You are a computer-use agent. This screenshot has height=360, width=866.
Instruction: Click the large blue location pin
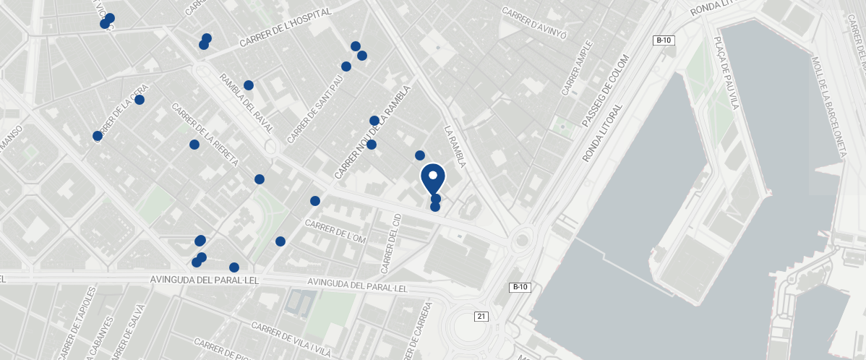433,178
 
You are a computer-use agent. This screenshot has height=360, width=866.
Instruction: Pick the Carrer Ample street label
577,68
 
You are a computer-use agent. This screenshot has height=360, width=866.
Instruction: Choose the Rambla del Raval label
247,103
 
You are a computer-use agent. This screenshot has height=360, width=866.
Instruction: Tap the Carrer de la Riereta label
205,135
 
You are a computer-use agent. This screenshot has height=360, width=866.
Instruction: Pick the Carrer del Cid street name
390,243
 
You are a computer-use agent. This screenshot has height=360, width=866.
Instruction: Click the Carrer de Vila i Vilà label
291,338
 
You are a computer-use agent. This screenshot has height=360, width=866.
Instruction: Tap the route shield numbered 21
482,316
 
